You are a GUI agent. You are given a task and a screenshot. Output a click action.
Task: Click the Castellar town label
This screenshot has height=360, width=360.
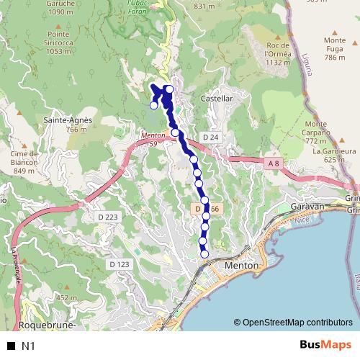216,97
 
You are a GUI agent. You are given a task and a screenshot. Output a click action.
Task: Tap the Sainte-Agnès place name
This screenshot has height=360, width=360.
66,120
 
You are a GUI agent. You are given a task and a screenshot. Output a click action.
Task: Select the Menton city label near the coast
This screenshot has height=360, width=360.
241,266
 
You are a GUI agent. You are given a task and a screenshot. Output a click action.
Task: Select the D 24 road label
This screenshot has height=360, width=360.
210,137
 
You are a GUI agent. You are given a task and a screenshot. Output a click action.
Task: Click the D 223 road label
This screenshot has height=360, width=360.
106,216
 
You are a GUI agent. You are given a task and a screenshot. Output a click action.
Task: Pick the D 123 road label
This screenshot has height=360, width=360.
120,264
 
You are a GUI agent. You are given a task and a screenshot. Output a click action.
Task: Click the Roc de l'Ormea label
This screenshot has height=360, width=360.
277,53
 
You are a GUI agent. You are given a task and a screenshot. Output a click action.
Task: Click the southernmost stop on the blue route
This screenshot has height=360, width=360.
204,253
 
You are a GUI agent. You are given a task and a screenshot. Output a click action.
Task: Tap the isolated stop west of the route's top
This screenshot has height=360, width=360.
153,106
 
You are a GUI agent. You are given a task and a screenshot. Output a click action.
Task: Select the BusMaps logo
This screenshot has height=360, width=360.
325,345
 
